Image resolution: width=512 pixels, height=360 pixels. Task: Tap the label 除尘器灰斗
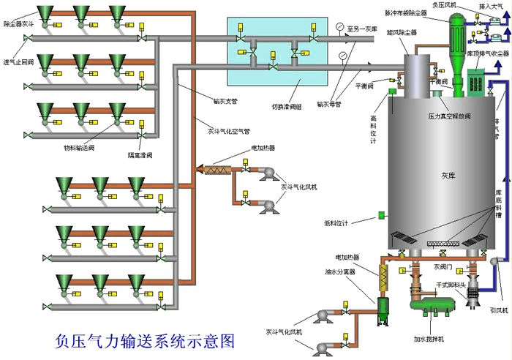(18, 24)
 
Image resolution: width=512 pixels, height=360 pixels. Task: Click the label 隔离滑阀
(140, 155)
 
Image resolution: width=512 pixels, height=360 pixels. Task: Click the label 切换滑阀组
(286, 106)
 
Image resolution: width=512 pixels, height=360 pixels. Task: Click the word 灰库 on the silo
(448, 176)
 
